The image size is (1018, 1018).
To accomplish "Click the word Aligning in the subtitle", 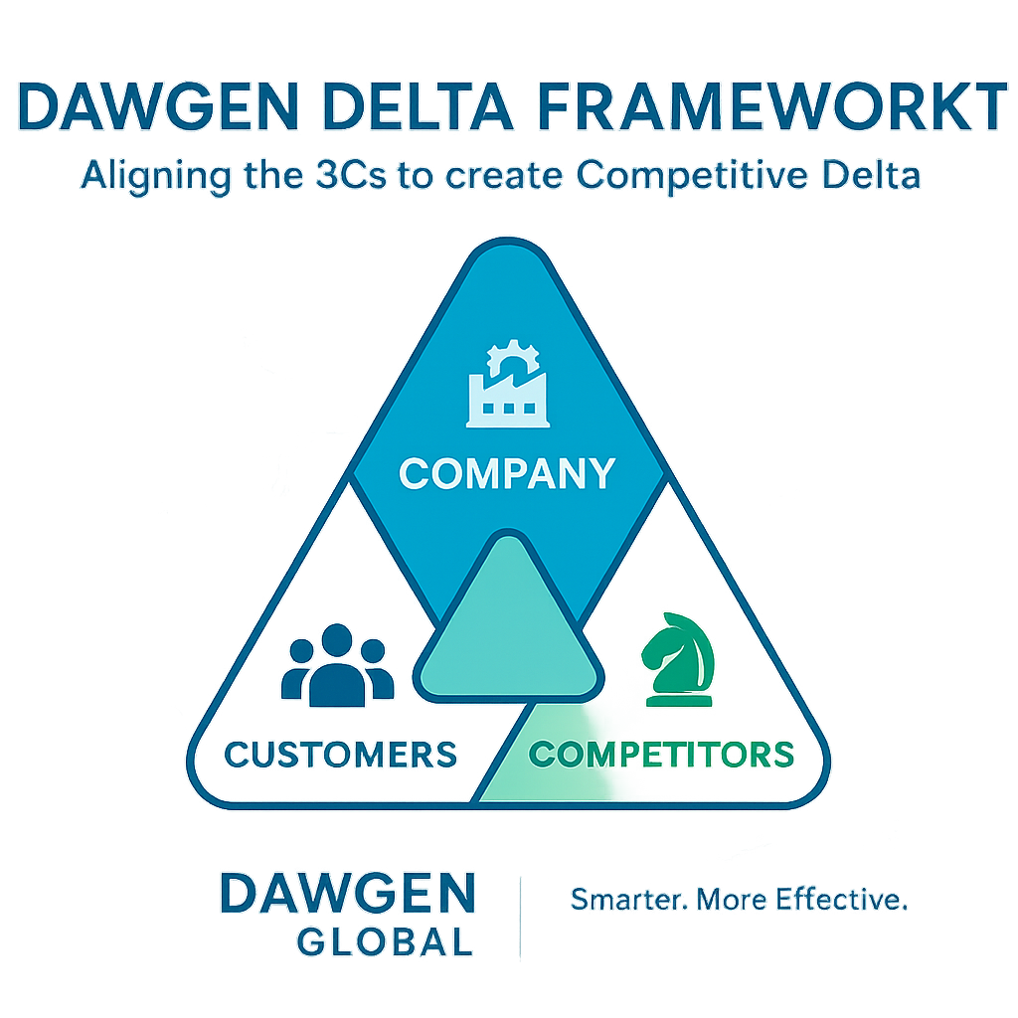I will (x=152, y=176).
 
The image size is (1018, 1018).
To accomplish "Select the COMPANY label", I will (x=507, y=473).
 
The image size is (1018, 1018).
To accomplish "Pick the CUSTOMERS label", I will (x=341, y=754).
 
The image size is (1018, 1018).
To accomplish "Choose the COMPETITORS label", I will (x=662, y=754).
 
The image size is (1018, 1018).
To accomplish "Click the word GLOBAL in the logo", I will (x=386, y=940).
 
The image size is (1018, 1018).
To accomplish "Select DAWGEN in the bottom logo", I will (x=347, y=894).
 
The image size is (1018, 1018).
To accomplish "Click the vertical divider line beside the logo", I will (x=521, y=915).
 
